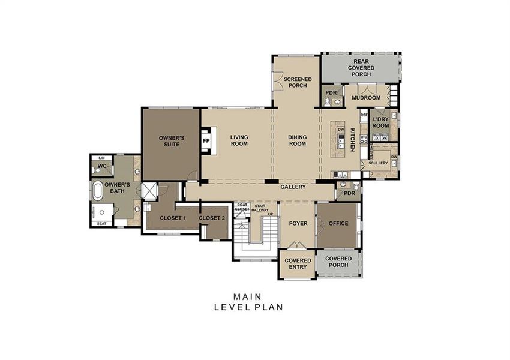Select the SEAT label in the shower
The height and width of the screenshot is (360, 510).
pos(101,224)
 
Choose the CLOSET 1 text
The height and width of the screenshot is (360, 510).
pos(173,218)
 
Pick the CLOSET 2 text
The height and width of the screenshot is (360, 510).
pos(212,218)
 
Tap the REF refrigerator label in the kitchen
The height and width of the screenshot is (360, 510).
pos(364,114)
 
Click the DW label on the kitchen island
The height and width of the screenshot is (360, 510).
pos(340,130)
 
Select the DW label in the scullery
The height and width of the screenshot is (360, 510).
pos(394,157)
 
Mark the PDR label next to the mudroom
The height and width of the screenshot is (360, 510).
pos(331,92)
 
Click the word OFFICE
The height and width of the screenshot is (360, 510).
pos(338,224)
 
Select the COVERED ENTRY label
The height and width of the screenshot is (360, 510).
pos(298,264)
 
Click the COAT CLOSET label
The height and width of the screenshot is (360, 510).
pos(242,207)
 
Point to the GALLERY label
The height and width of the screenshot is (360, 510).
pos(293,187)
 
